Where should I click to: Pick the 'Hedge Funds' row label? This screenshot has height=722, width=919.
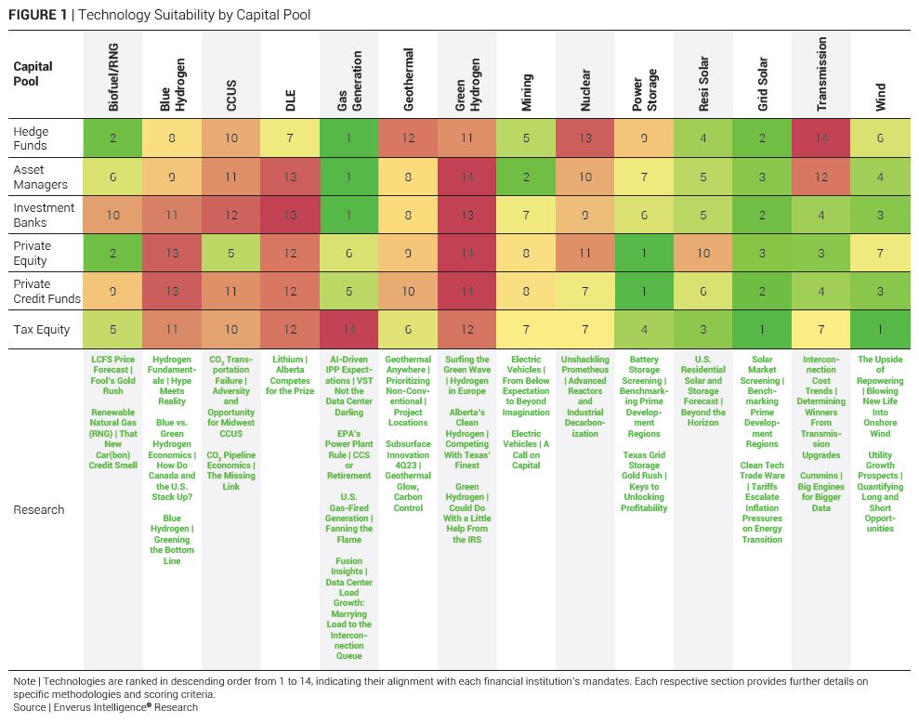coord(30,138)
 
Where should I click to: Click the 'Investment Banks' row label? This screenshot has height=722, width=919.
coord(44,215)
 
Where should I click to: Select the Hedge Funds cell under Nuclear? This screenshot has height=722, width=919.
coord(585,138)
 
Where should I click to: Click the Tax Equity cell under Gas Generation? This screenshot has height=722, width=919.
coord(349,329)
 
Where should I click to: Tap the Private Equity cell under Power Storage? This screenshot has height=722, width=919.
coord(644,253)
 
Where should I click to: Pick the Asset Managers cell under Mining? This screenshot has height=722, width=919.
coord(526,177)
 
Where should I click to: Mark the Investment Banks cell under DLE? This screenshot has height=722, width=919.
coord(290,215)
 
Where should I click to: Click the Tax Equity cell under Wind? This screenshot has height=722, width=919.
coord(880,329)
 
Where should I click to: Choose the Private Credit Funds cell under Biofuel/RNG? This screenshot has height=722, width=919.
coord(113,291)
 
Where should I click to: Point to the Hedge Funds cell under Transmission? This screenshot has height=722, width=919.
coord(821,138)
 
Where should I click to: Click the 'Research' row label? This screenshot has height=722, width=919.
coord(39,509)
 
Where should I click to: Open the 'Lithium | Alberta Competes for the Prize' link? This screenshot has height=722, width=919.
coord(290,375)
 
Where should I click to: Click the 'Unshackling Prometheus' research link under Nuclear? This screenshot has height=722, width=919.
coord(585,397)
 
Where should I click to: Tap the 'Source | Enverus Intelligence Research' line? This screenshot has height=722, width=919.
coord(105,707)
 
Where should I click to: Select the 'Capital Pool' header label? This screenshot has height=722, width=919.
coord(33,73)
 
